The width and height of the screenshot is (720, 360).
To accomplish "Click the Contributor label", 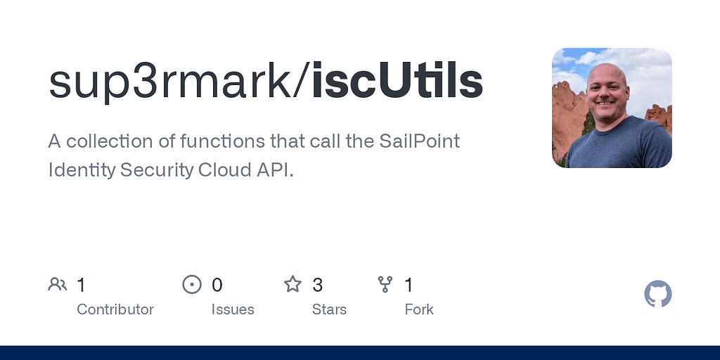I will (115, 309).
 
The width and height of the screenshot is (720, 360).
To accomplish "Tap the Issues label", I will (233, 309).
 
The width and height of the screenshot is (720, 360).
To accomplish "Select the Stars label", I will (329, 309).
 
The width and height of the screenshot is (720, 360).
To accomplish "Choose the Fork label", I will (419, 309).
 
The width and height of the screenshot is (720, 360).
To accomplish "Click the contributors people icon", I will (58, 284).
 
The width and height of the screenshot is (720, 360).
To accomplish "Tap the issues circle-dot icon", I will (192, 284).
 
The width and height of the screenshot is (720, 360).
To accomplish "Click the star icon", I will (292, 284).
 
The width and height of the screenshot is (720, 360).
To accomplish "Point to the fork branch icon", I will (385, 284).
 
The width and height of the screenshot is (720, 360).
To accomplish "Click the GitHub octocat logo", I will (658, 294).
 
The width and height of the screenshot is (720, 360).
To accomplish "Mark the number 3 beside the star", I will (318, 285).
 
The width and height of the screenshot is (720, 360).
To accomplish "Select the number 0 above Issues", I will (217, 285).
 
